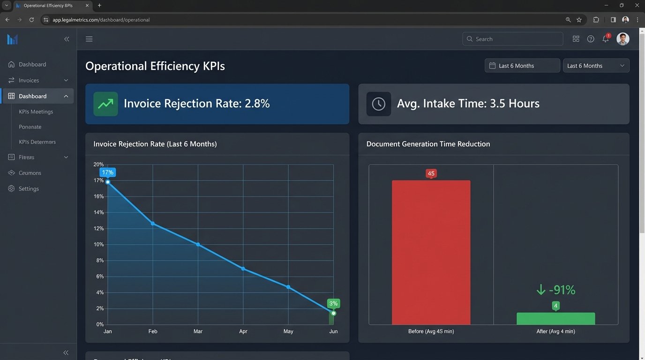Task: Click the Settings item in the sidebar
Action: click(x=29, y=188)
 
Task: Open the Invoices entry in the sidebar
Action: click(x=29, y=80)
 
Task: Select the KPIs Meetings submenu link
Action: click(x=36, y=112)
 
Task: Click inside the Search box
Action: click(x=513, y=39)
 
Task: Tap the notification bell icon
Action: click(x=605, y=39)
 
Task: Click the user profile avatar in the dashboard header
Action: click(x=622, y=39)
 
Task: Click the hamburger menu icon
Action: click(x=89, y=39)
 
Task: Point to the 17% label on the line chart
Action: click(x=107, y=172)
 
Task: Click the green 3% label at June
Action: click(x=333, y=303)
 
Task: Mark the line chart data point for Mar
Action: click(x=198, y=244)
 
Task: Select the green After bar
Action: click(x=555, y=319)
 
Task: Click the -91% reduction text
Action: click(x=555, y=290)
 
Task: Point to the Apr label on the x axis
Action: click(x=243, y=331)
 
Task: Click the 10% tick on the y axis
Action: click(x=98, y=244)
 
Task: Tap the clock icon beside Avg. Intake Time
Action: click(x=378, y=104)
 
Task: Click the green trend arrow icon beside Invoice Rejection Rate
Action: click(x=105, y=104)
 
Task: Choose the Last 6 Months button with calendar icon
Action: click(x=522, y=66)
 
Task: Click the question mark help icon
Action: click(x=591, y=39)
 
